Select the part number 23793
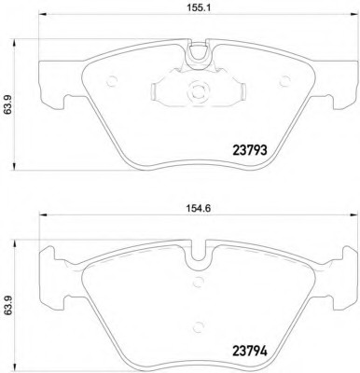[250, 151]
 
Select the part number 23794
[250, 352]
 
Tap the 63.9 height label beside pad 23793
[8, 104]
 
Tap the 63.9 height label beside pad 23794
[8, 306]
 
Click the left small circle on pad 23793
[111, 82]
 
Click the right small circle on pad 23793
[284, 82]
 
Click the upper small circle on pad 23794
[198, 283]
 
